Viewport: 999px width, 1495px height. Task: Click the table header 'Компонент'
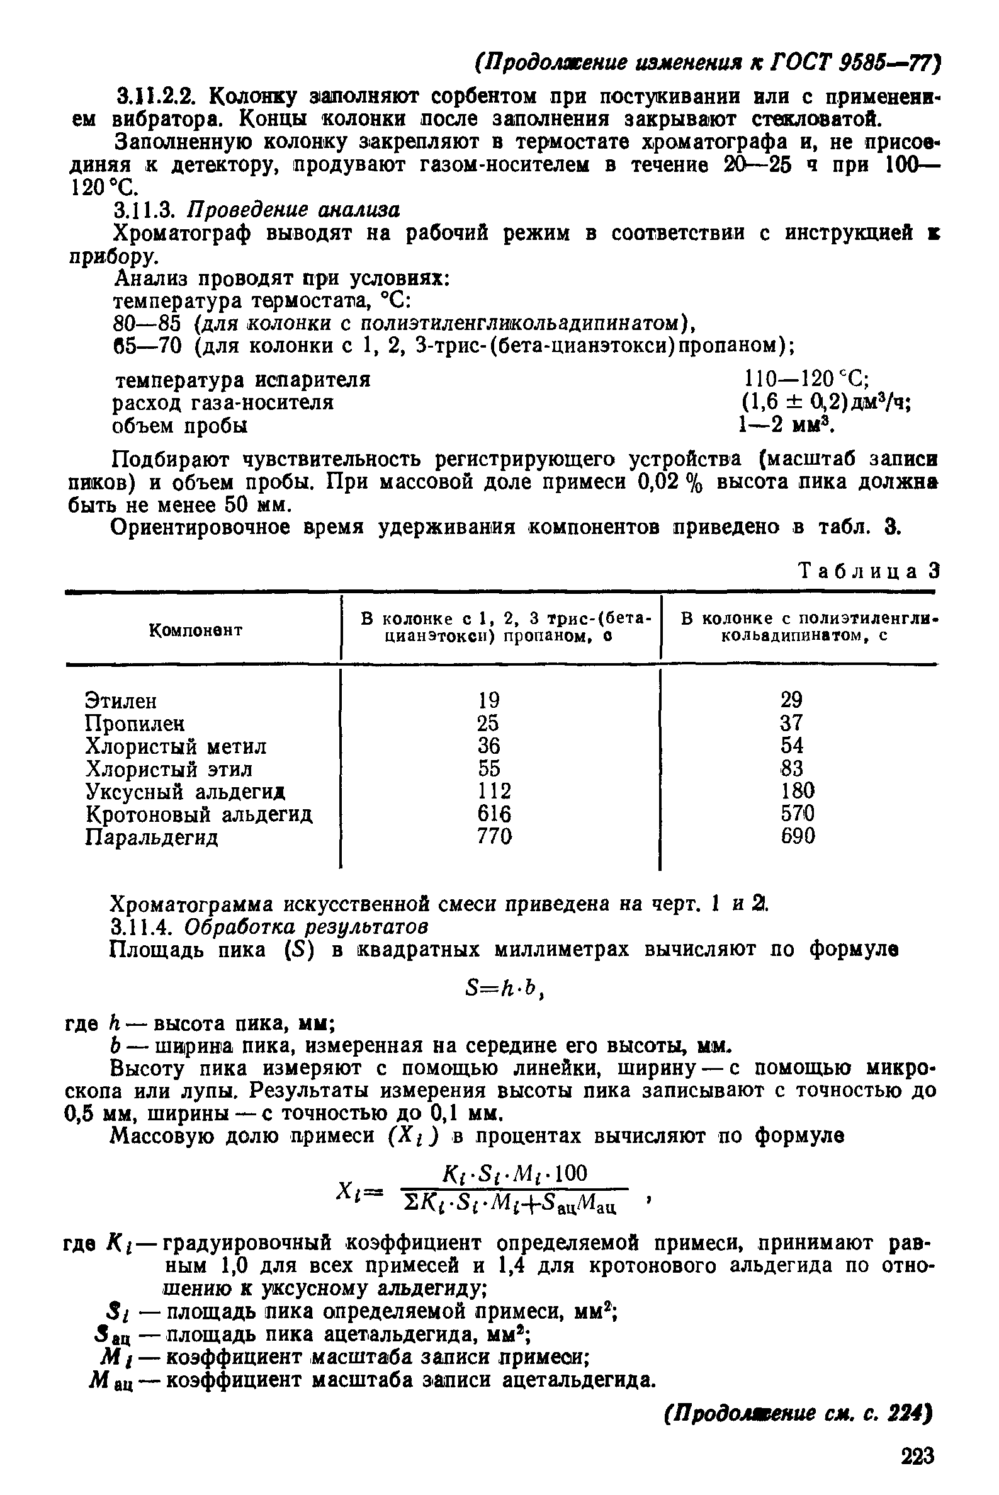[196, 630]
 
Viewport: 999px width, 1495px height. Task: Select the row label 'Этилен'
[120, 701]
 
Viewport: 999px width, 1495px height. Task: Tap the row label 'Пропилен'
[135, 724]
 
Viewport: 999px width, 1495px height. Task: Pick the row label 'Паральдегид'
[152, 836]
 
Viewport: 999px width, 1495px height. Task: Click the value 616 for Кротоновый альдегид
[494, 814]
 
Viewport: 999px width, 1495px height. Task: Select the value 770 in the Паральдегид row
[494, 836]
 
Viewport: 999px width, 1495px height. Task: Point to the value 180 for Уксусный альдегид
[798, 791]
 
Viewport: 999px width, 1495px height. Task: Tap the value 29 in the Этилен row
[791, 700]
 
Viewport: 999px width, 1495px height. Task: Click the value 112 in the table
[494, 791]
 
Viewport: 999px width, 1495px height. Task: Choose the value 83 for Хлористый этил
[791, 768]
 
